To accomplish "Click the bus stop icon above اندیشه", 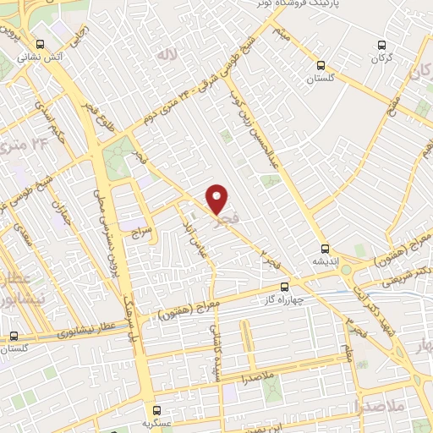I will (x=326, y=249).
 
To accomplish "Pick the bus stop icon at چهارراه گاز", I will (x=285, y=287).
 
